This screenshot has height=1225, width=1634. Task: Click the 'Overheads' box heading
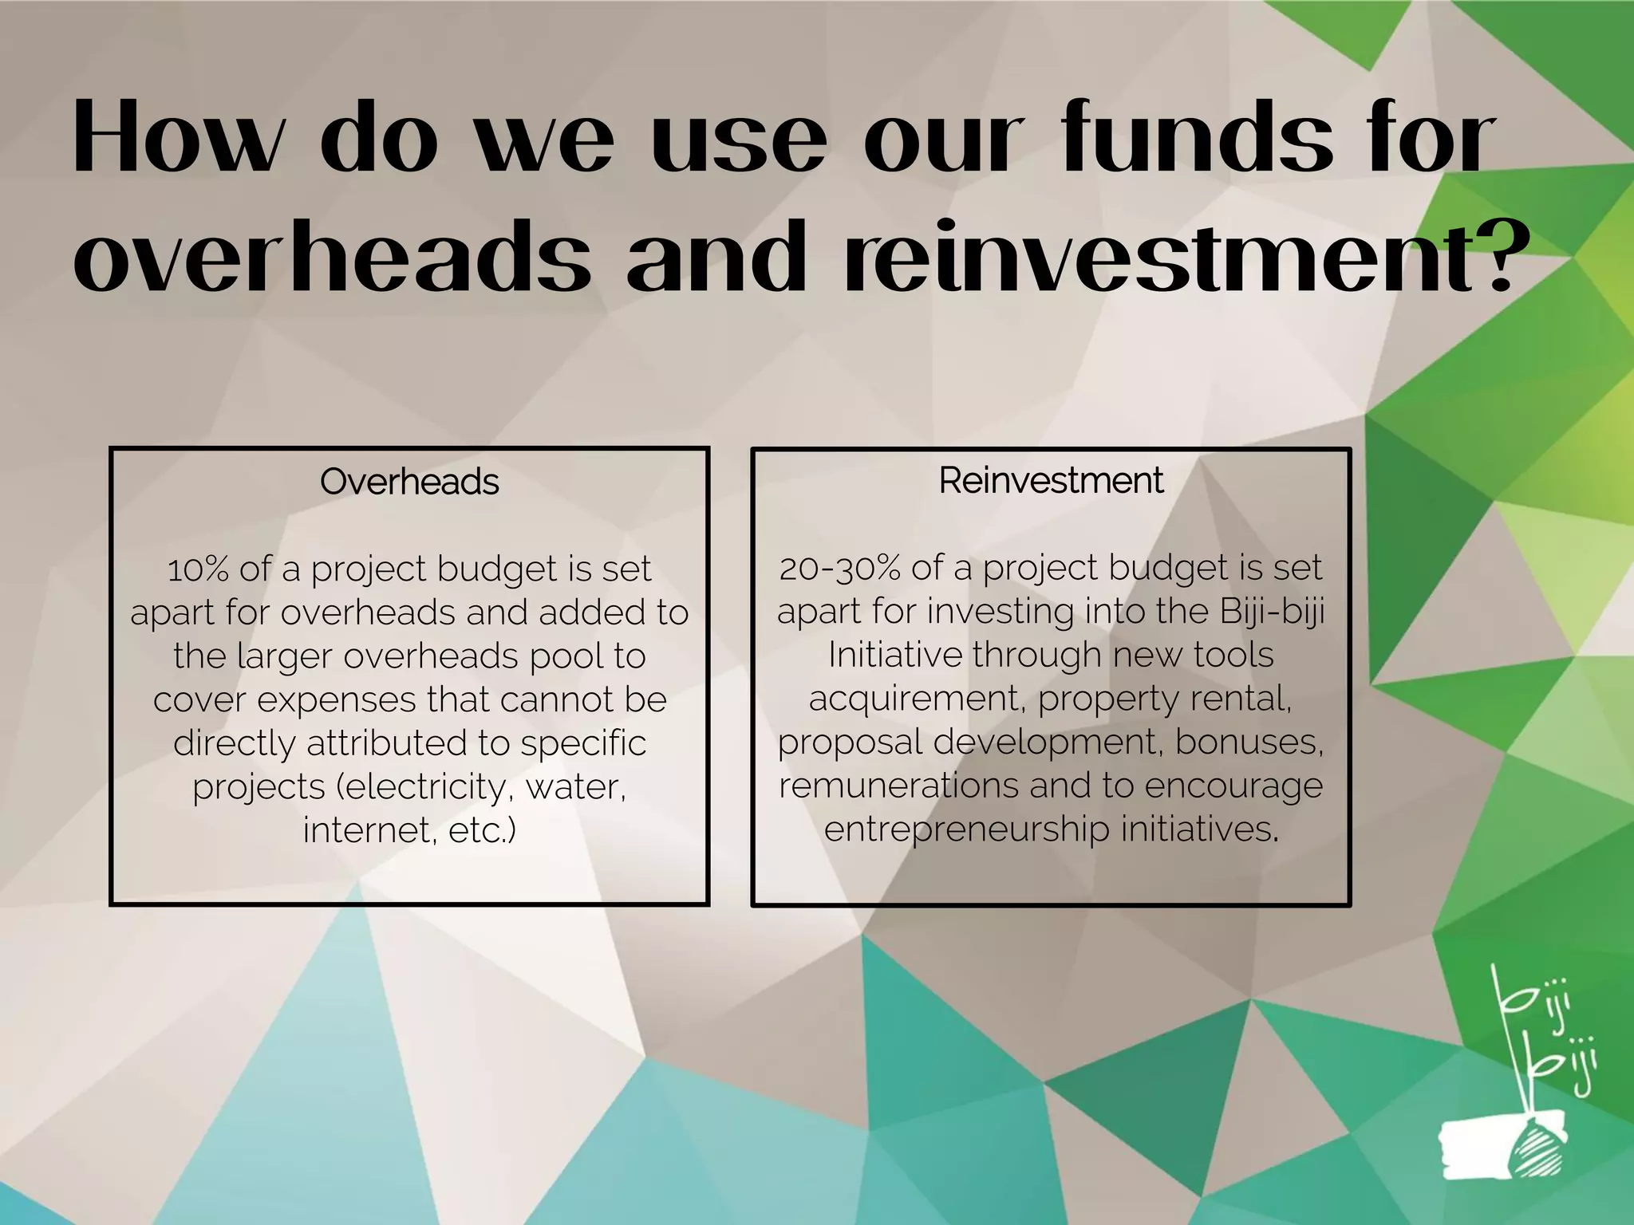409,482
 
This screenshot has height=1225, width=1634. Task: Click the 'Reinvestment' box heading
1051,480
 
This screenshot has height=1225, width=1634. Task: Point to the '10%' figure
198,569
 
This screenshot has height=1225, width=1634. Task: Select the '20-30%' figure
840,568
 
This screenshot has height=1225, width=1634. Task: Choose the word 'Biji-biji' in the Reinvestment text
1272,612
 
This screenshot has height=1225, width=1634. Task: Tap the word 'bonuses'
1248,742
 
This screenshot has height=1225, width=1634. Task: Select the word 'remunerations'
898,786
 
